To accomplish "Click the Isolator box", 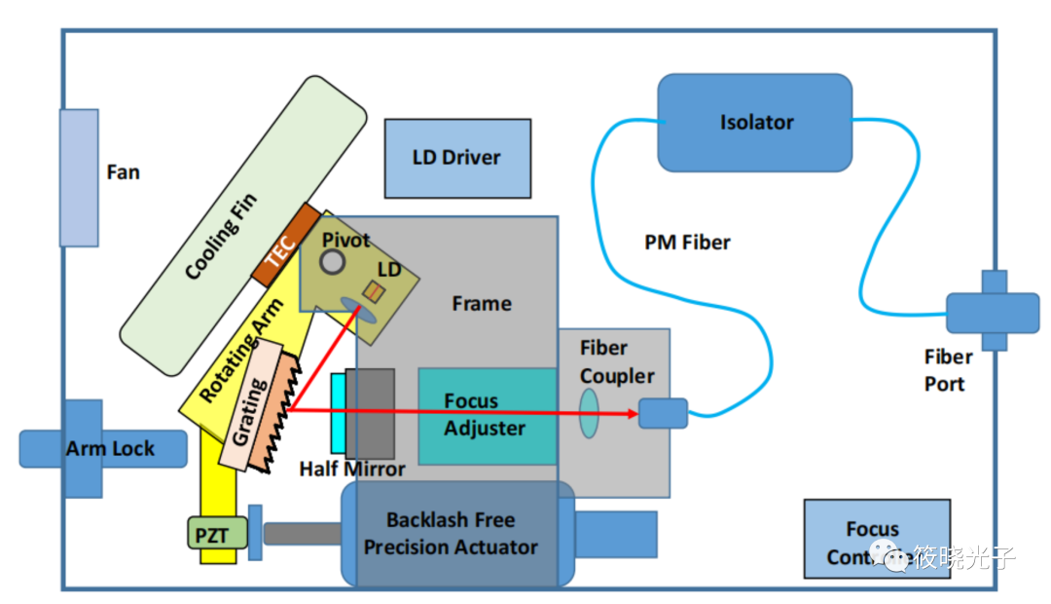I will pyautogui.click(x=755, y=123).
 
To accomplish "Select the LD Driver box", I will pyautogui.click(x=457, y=158).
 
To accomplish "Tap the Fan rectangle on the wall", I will pyautogui.click(x=79, y=177).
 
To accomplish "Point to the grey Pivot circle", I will pyautogui.click(x=334, y=261).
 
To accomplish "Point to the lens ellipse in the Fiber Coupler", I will pyautogui.click(x=589, y=413).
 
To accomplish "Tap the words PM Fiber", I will pyautogui.click(x=687, y=242).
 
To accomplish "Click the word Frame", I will pyautogui.click(x=482, y=304).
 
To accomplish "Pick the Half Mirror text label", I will pyautogui.click(x=351, y=470).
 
